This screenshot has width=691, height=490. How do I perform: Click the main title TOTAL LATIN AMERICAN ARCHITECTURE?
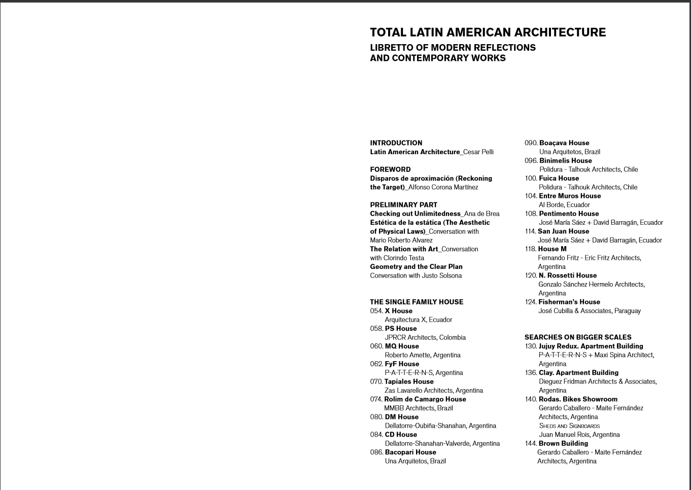[x=488, y=32]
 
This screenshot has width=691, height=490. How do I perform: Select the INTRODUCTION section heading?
[x=396, y=143]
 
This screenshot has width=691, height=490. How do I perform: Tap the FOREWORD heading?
[x=390, y=169]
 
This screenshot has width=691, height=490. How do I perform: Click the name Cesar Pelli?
[x=478, y=152]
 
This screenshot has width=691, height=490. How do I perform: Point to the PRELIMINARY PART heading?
[x=403, y=205]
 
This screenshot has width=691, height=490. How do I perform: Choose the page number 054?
[x=376, y=311]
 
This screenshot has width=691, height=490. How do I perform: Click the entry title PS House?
[x=400, y=329]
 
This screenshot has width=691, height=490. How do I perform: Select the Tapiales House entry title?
[x=409, y=381]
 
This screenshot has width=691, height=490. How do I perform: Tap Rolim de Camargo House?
[x=425, y=399]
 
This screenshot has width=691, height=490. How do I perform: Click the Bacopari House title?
[x=410, y=452]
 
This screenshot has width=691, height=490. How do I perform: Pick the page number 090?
[x=531, y=143]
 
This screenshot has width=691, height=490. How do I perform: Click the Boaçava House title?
[x=564, y=143]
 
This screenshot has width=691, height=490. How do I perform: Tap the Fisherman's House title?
[x=569, y=302]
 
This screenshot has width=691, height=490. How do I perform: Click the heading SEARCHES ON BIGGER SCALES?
[x=578, y=337]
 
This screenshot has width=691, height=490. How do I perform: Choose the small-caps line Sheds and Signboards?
[x=569, y=426]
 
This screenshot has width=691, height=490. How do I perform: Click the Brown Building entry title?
[x=563, y=443]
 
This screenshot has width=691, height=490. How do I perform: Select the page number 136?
[x=531, y=373]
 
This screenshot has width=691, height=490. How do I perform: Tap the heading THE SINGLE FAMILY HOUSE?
[x=417, y=302]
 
